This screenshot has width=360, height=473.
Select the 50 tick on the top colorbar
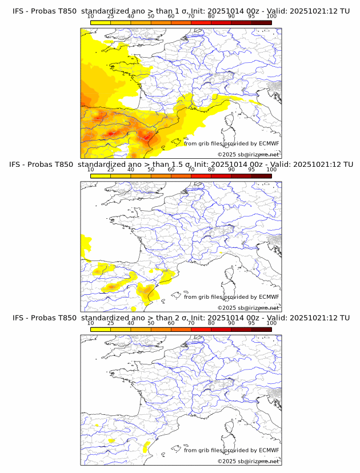coord(151,16)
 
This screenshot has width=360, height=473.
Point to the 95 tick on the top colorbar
coord(251,16)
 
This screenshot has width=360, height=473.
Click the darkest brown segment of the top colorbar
coord(261,22)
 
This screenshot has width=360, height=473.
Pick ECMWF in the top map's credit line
coord(269,143)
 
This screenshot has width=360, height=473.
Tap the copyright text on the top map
coord(249,155)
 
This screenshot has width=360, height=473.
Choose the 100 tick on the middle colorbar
coord(271,170)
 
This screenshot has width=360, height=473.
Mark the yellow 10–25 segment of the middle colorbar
coord(101,176)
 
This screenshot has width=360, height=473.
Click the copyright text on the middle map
coord(249,308)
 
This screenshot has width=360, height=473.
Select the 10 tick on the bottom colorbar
coord(91,323)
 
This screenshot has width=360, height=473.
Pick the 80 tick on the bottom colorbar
coord(211,323)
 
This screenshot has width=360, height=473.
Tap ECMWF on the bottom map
coord(269,451)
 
